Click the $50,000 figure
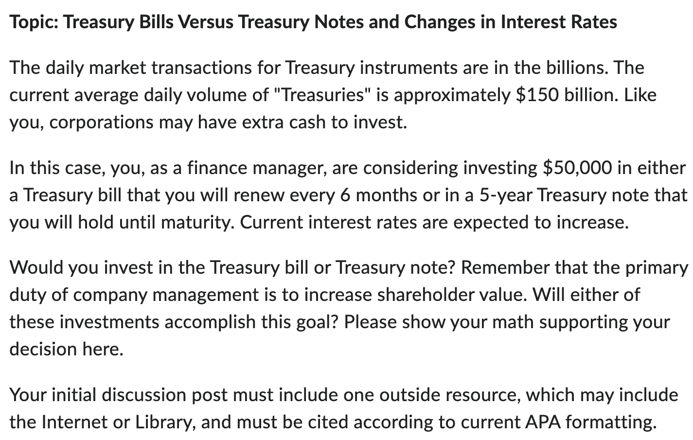click(577, 168)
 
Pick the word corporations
click(102, 122)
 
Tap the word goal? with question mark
click(317, 322)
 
